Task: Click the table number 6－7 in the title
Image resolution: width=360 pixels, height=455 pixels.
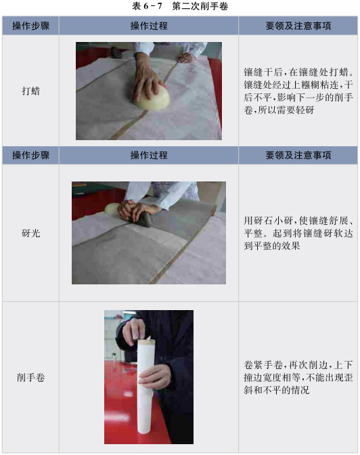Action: [152, 6]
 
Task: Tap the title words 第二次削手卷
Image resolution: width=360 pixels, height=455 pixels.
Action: [200, 6]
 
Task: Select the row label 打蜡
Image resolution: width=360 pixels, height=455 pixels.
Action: [30, 91]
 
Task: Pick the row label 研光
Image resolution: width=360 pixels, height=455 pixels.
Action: [30, 233]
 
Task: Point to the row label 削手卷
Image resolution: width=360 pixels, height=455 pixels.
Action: [30, 378]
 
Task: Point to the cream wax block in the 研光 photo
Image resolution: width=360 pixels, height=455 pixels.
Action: [112, 209]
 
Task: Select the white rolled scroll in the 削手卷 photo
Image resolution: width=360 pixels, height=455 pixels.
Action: [145, 386]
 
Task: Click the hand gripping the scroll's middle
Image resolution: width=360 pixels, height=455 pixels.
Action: [154, 376]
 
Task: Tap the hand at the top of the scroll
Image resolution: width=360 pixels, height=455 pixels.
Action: [134, 331]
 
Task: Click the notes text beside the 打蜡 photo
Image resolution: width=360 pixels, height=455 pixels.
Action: [298, 91]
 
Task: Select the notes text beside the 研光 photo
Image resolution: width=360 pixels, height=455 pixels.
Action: [298, 234]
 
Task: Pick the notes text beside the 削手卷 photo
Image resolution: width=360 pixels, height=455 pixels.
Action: [298, 378]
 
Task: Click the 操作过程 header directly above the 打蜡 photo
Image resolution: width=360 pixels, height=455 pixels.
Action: [149, 26]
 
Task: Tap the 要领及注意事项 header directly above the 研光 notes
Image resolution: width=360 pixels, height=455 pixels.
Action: [298, 155]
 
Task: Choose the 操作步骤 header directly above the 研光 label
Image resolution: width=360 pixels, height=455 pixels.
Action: [30, 155]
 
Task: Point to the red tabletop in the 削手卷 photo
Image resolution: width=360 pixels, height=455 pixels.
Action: [122, 406]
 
